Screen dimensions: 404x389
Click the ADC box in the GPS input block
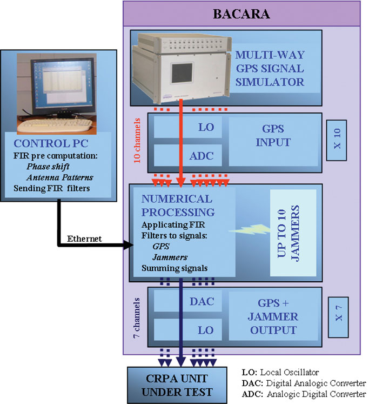tap(187, 156)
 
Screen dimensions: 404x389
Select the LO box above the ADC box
tap(187, 128)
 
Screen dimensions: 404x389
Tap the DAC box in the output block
tap(187, 301)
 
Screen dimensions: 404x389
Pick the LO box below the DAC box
tap(187, 329)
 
